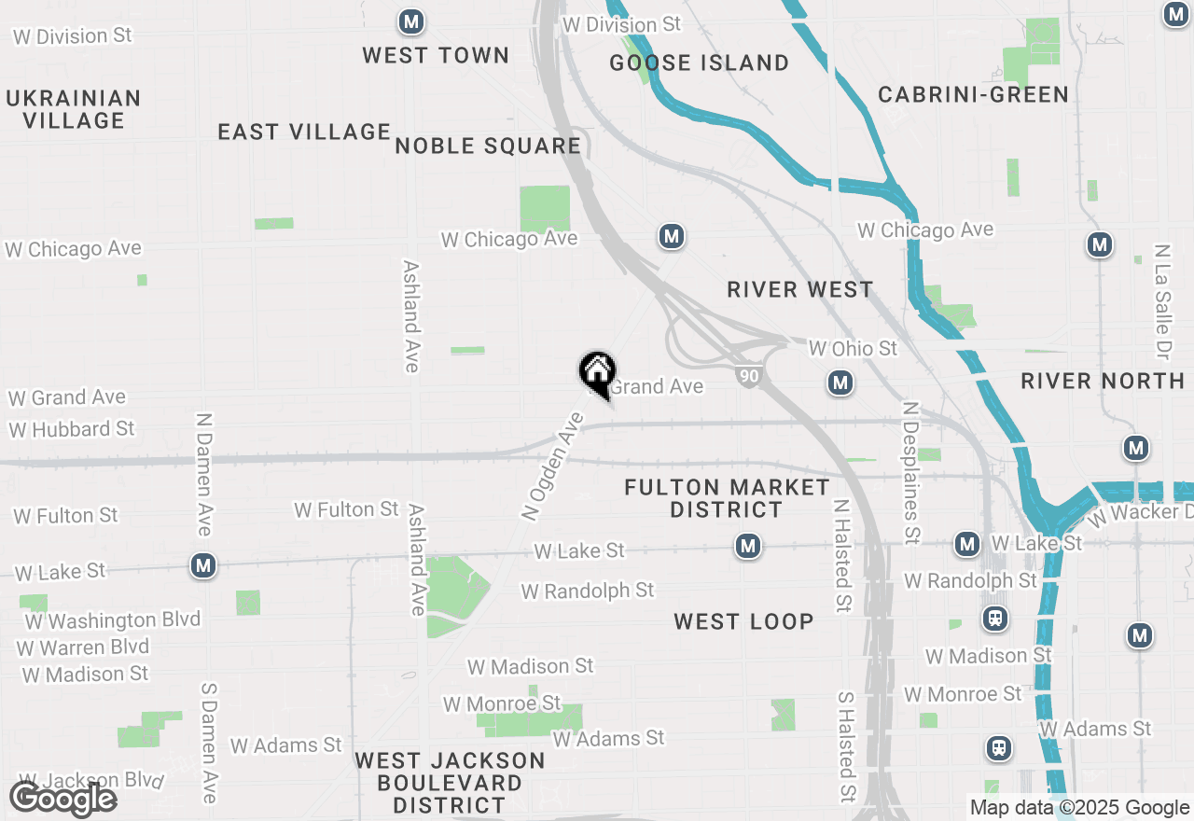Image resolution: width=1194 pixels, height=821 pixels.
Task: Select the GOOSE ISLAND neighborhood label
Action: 699,63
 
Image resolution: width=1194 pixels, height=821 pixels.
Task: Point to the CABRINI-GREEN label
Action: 973,94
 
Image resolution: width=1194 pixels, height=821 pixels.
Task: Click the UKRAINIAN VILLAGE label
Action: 74,109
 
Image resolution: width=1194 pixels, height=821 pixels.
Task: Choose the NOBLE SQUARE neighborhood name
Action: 488,146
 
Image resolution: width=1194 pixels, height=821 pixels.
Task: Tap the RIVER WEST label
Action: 799,289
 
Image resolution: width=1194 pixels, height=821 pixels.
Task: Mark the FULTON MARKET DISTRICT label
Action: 727,498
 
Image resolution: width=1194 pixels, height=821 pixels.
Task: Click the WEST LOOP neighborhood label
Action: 743,621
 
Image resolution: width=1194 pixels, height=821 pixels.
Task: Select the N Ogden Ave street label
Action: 552,466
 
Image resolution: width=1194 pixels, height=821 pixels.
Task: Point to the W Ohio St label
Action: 853,348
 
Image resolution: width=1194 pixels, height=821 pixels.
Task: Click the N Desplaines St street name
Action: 911,472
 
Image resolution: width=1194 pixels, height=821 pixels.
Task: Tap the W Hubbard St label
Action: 72,429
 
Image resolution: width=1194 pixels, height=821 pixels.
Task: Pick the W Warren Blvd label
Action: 82,647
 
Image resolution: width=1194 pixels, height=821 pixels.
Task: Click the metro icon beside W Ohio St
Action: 840,383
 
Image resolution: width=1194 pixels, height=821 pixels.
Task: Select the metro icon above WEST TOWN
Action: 410,21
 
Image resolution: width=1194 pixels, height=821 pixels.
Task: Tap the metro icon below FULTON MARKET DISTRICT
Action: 747,546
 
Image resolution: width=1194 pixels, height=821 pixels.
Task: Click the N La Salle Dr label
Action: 1161,303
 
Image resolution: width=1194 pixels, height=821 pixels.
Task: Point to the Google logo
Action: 62,799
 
